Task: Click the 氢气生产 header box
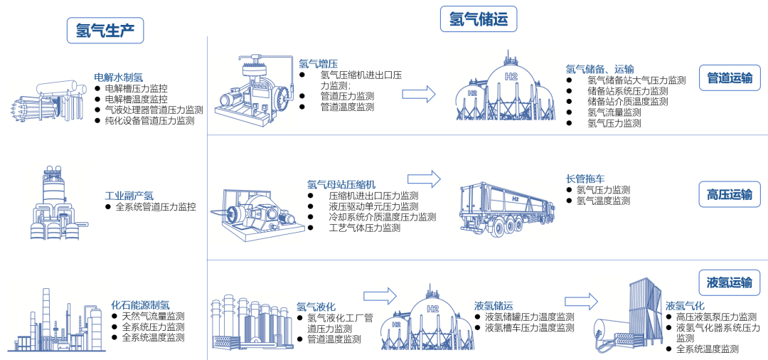point(110,31)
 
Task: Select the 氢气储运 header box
point(478,19)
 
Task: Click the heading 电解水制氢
point(119,77)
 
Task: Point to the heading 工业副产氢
point(129,195)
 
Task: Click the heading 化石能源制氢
point(140,305)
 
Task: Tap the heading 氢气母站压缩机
point(341,184)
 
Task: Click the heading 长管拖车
point(585,179)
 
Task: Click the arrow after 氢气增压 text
point(419,93)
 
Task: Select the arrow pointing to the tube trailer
point(424,178)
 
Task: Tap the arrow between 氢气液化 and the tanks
point(379,295)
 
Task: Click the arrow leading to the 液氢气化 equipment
point(581,302)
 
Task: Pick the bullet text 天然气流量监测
point(153,316)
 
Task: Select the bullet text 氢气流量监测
point(614,112)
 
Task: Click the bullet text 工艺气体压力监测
point(364,228)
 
